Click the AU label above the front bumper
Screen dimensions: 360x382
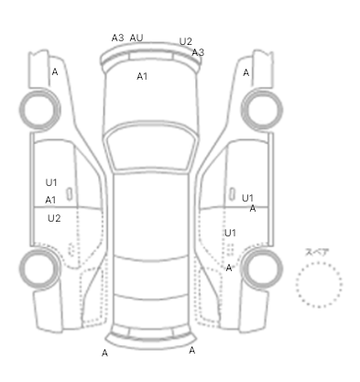coord(136,38)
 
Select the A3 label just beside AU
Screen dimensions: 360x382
coord(117,38)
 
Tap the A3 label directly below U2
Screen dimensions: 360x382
coord(198,52)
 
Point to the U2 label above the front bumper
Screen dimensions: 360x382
coord(185,41)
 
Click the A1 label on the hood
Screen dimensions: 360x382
coord(142,76)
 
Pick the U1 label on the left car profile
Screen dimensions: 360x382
coord(51,182)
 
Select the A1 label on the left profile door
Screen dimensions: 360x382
coord(50,200)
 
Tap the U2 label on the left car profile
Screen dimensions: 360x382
coord(54,218)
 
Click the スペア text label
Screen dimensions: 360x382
coord(317,252)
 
